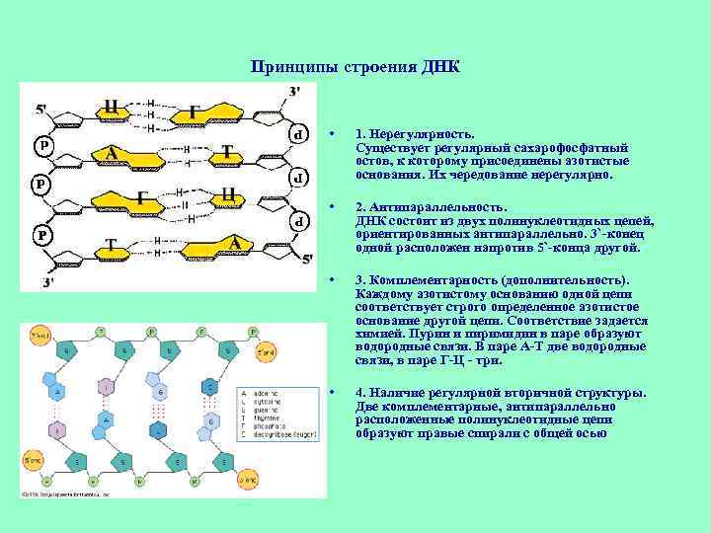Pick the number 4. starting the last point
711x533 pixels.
point(361,392)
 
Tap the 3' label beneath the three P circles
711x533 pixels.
point(46,283)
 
